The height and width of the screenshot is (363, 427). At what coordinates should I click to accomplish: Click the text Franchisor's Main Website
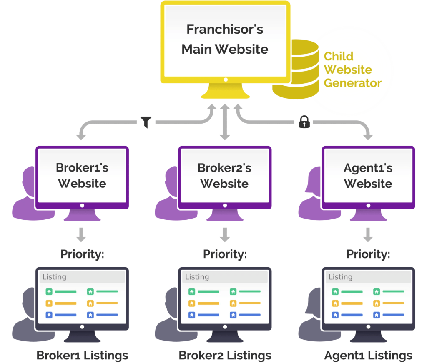click(225, 40)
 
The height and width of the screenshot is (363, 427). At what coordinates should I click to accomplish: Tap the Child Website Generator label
click(352, 70)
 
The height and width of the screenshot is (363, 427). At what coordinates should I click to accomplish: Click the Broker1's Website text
click(82, 175)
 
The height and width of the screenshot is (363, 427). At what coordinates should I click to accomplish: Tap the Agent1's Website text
click(368, 176)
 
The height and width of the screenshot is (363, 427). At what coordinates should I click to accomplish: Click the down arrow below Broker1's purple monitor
click(81, 235)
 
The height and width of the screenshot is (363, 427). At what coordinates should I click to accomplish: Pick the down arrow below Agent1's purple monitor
click(368, 235)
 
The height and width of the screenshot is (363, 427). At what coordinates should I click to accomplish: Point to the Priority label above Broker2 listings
click(225, 254)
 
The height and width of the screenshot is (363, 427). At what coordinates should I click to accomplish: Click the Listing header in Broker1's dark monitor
click(54, 277)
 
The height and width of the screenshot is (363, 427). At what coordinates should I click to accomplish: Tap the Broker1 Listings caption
click(82, 356)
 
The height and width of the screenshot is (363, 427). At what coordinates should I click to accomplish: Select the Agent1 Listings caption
click(368, 356)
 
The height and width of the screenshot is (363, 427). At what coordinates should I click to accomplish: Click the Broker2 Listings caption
click(225, 356)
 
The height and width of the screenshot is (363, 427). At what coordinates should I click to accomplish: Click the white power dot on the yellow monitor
click(226, 79)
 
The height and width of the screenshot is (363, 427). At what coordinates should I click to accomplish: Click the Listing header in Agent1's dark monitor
click(340, 277)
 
